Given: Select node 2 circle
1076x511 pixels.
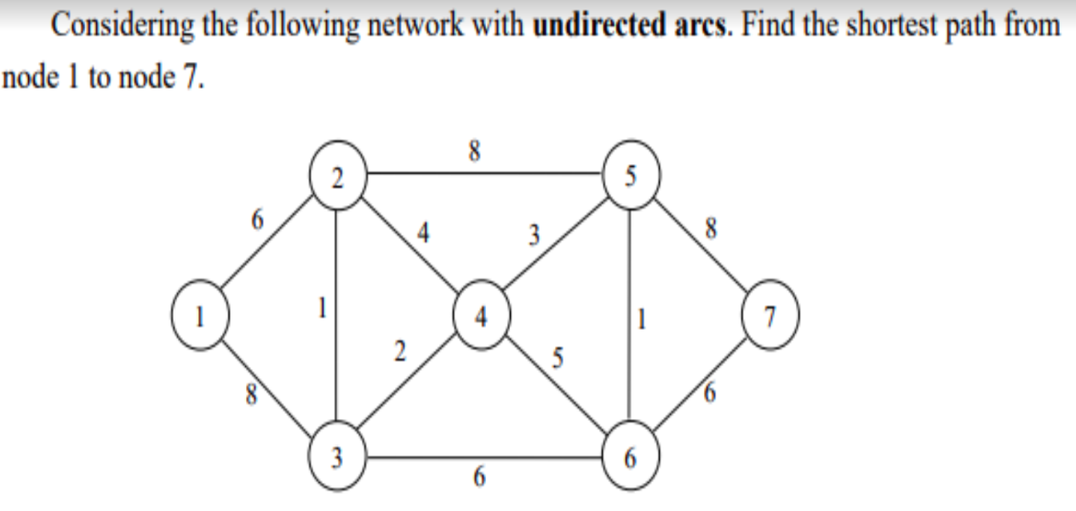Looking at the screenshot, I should coord(337,177).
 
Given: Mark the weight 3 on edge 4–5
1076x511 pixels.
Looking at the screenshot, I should coord(533,233).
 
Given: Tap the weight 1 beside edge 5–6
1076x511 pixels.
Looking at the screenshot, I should coord(644,322).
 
